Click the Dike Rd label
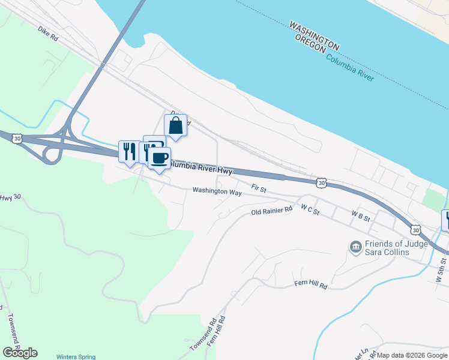point(47,33)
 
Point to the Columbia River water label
point(350,67)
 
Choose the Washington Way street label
point(217,192)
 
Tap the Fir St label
point(258,188)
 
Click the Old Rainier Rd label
point(271,211)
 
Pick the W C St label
point(310,210)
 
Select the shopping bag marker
point(175,125)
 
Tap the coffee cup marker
point(159,158)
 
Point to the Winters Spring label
point(76,356)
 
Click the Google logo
point(20,353)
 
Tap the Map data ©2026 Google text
point(412,355)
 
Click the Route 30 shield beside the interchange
point(18,138)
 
